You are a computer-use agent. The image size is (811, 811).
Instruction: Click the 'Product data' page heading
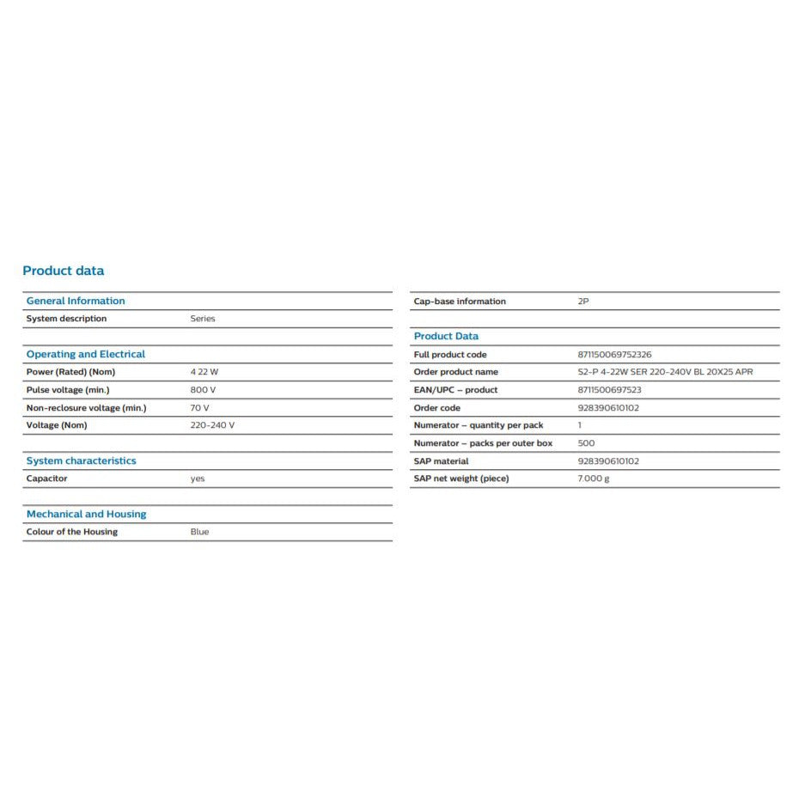pos(63,271)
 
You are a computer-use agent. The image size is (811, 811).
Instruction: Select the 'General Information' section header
pos(76,301)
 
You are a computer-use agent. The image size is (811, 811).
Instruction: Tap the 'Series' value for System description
pos(203,319)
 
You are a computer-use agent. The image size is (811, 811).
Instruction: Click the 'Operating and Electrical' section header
pos(86,354)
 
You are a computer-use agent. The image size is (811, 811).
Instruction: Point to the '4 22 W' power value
pos(204,372)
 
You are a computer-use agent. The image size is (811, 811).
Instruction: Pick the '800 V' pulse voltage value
pos(203,390)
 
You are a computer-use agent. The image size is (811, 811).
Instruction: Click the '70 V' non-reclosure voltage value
pos(199,408)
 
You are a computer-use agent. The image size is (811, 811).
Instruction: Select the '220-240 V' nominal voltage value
pos(212,425)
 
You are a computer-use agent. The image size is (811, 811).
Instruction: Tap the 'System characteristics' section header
pos(81,460)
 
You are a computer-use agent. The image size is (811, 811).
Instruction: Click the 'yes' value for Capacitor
pos(198,479)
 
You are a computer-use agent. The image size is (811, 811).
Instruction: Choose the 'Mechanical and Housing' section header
pos(86,514)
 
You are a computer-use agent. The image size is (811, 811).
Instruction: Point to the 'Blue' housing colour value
pos(199,532)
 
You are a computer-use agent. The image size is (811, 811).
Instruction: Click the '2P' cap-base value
pos(583,302)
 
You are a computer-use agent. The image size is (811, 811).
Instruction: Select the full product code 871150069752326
pos(614,355)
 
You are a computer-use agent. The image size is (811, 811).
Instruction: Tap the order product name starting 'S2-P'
pos(665,372)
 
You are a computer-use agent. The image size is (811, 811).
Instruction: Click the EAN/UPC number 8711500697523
pos(609,390)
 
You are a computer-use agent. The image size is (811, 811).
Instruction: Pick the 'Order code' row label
pos(436,408)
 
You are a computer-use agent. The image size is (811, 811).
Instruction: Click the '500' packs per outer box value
pos(586,443)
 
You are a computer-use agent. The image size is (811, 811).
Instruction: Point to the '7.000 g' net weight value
pos(594,479)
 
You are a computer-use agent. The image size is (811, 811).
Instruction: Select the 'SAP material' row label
pos(441,461)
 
